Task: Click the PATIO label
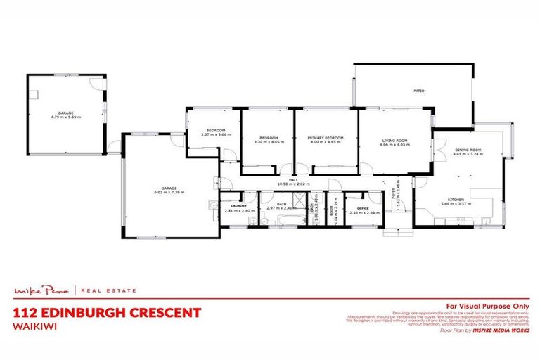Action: [418, 91]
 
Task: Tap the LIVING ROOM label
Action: [395, 138]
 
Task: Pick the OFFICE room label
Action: [364, 208]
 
